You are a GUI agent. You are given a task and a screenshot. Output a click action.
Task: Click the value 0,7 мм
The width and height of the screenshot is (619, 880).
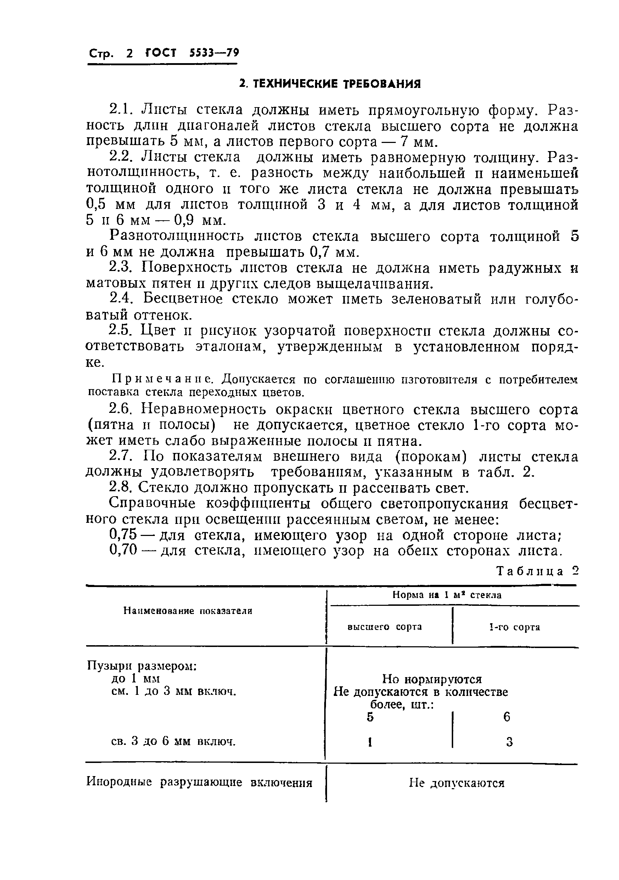[x=334, y=252]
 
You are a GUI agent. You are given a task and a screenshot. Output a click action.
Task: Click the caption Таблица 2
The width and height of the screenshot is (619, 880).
[x=537, y=571]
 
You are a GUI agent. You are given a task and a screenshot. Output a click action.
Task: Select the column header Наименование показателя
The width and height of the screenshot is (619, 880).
[x=187, y=611]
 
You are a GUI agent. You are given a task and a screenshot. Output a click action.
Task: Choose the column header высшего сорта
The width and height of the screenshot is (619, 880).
[x=385, y=627]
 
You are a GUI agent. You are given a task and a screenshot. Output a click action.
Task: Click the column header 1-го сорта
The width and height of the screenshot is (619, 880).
[x=514, y=627]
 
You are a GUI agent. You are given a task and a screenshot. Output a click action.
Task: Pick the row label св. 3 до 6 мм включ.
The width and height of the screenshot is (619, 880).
[x=173, y=741]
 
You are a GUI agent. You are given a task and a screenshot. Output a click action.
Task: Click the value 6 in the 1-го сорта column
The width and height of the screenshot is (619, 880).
[x=506, y=716]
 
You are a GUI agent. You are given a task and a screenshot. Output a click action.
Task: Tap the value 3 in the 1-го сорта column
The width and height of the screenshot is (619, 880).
[x=509, y=742]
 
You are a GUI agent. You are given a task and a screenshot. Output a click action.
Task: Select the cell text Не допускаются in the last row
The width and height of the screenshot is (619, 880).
[x=456, y=783]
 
